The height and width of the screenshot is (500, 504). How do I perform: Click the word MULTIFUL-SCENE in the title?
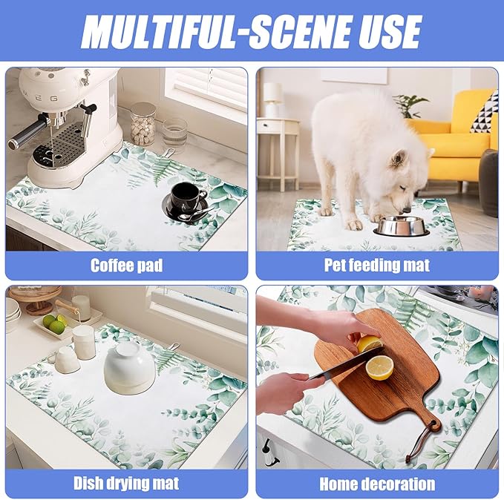215,31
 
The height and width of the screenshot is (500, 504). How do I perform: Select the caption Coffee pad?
126,266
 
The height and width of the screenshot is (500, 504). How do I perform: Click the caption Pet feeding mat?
377,265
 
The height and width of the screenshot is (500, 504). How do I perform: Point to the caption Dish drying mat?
126,483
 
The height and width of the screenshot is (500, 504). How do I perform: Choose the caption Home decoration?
377,484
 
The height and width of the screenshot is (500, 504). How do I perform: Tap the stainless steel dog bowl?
401,226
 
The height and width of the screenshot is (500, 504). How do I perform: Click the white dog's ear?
398,159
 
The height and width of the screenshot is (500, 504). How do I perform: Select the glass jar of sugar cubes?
143,124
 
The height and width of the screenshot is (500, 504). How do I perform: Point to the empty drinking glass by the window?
174,132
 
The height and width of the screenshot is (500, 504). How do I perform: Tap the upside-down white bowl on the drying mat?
130,368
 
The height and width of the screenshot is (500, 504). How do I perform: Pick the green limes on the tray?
54,323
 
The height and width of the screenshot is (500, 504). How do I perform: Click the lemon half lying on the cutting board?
379,368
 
